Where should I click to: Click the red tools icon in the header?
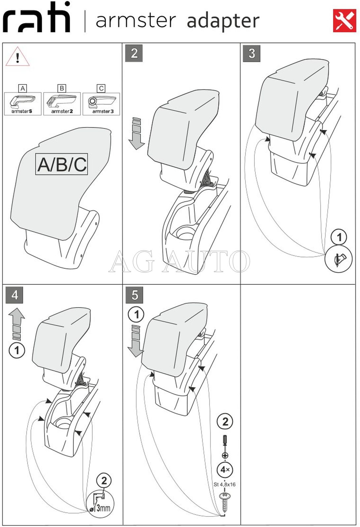click(x=344, y=20)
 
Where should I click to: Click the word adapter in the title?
click(x=223, y=21)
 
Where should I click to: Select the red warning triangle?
click(x=17, y=57)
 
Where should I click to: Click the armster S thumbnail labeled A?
click(x=22, y=103)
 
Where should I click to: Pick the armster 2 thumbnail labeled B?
click(x=62, y=103)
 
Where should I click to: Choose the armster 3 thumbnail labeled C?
click(x=101, y=103)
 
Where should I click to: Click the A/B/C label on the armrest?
click(x=62, y=164)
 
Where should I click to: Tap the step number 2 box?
click(x=134, y=53)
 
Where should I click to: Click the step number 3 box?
click(x=251, y=53)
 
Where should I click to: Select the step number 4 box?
click(x=15, y=295)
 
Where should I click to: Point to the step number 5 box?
click(x=134, y=295)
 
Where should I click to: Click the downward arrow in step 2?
click(x=137, y=133)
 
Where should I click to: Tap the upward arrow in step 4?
click(x=16, y=323)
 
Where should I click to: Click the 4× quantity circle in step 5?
click(x=225, y=469)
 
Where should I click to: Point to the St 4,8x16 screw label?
click(x=224, y=484)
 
